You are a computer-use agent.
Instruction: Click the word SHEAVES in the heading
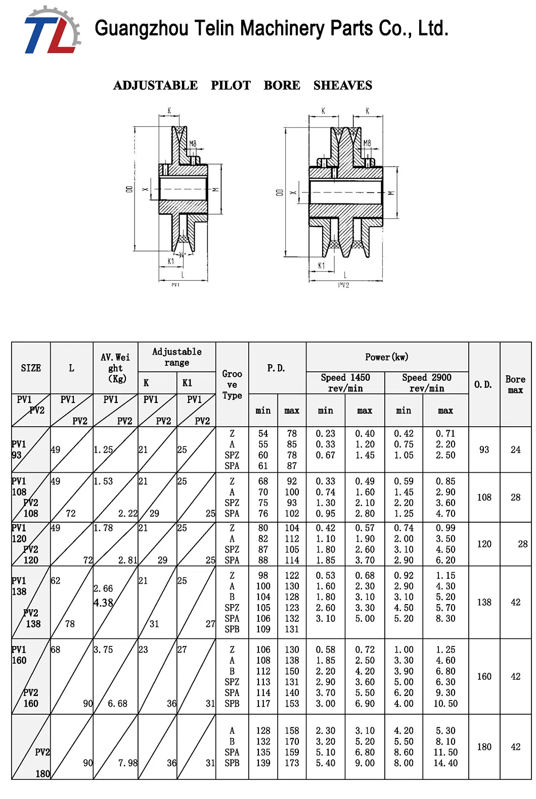[342, 85]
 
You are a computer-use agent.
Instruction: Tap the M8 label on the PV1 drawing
[193, 144]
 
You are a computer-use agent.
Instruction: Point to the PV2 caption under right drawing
[343, 285]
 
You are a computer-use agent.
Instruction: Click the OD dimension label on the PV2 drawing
[279, 192]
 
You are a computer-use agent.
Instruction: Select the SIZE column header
[31, 368]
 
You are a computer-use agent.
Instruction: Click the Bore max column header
[515, 384]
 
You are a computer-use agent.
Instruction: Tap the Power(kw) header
[387, 357]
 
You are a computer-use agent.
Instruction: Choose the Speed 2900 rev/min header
[426, 383]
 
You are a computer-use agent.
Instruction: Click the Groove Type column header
[232, 384]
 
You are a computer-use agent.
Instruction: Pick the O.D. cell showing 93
[484, 450]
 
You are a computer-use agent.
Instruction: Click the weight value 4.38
[103, 603]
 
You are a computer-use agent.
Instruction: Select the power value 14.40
[445, 763]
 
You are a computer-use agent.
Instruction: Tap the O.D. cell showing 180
[484, 746]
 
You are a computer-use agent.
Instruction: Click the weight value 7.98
[127, 763]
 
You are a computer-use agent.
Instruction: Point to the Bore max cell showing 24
[515, 450]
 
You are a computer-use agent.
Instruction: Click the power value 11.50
[445, 752]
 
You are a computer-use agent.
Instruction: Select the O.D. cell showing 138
[484, 602]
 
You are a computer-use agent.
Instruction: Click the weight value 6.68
[117, 704]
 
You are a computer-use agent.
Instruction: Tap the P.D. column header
[277, 368]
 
